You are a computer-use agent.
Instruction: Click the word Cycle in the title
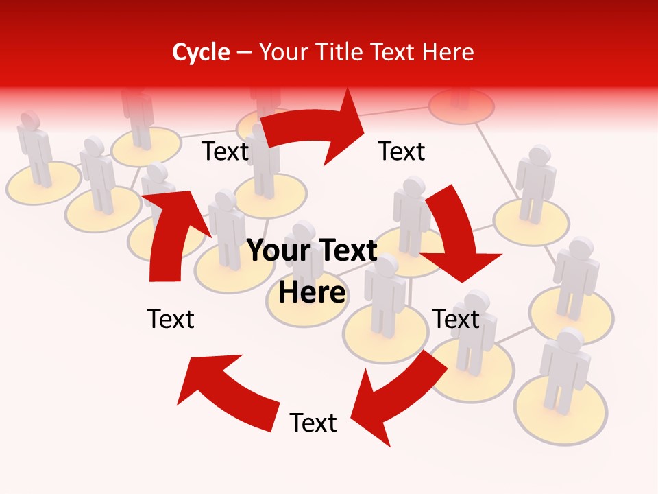(x=201, y=52)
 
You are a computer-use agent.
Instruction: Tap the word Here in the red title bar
(x=446, y=52)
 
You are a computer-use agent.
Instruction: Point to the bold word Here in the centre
(x=312, y=292)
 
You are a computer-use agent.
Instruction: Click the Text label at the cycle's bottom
(x=313, y=423)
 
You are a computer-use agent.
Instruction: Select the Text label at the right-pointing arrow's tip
(x=402, y=151)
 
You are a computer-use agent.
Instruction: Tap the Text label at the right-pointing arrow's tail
(x=225, y=151)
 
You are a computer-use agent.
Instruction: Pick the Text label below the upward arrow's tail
(x=171, y=319)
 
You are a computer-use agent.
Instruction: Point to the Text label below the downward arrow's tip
(x=456, y=319)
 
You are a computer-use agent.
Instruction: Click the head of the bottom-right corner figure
(x=570, y=340)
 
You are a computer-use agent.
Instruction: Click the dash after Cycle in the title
(x=244, y=53)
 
